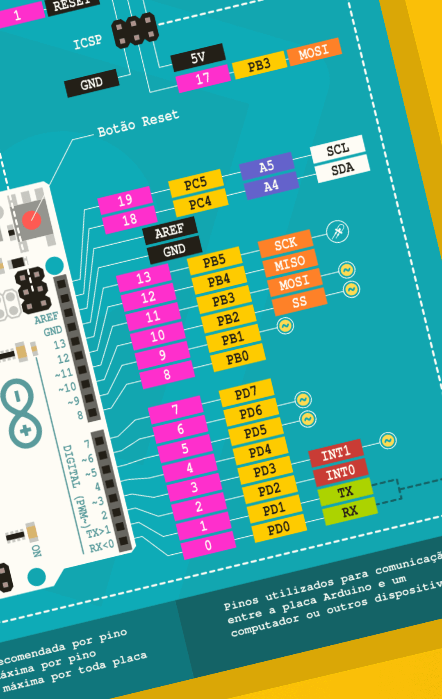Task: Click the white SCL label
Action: [337, 149]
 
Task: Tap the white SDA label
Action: [342, 168]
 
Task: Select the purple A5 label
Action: [267, 166]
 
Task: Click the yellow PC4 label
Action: [200, 203]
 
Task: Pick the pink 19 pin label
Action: [125, 200]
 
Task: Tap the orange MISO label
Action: [290, 263]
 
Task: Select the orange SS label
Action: [299, 302]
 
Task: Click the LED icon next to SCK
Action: [337, 232]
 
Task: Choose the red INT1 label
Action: [336, 453]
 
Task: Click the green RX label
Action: [350, 511]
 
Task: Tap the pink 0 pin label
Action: [208, 545]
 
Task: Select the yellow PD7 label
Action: [246, 393]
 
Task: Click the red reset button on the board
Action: [32, 220]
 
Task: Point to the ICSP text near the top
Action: [87, 42]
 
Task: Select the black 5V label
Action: [198, 58]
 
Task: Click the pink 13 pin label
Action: [144, 278]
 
